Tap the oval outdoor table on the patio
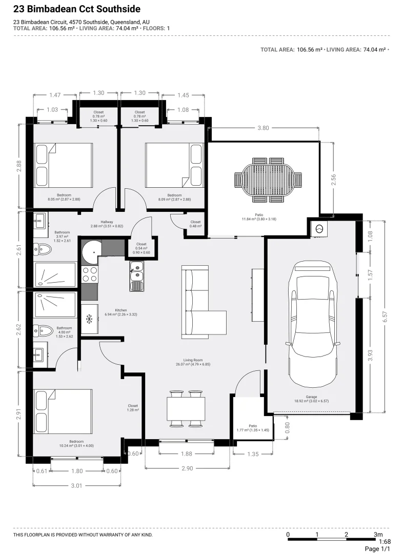click(x=268, y=180)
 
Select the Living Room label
click(x=193, y=360)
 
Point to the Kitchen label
click(x=121, y=310)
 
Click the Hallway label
click(x=107, y=222)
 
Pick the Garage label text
click(x=311, y=397)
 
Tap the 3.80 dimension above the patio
click(x=263, y=128)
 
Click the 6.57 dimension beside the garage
click(x=385, y=316)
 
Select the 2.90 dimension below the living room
click(x=187, y=468)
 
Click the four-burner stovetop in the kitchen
click(x=89, y=274)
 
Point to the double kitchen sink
click(x=136, y=276)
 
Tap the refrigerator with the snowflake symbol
click(x=89, y=319)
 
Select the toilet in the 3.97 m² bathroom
click(x=43, y=249)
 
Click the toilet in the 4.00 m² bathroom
click(x=43, y=331)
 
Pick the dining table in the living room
click(x=186, y=408)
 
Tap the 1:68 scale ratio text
click(x=385, y=542)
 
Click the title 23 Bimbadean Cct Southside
click(x=76, y=9)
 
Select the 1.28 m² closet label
click(x=133, y=408)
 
